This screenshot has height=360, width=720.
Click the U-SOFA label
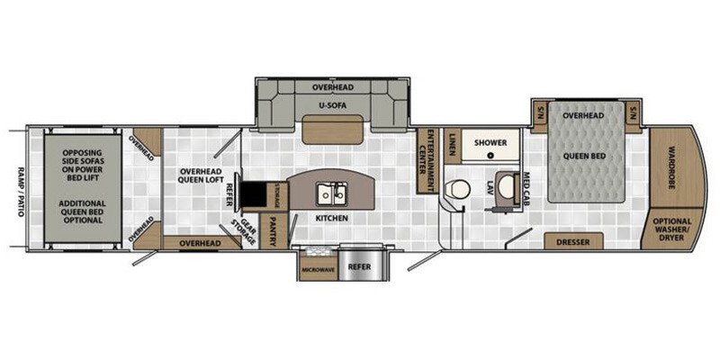(333, 105)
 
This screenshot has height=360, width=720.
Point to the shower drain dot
(491, 156)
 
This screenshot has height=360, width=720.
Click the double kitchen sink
(331, 193)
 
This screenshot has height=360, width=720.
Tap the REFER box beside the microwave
(360, 265)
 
